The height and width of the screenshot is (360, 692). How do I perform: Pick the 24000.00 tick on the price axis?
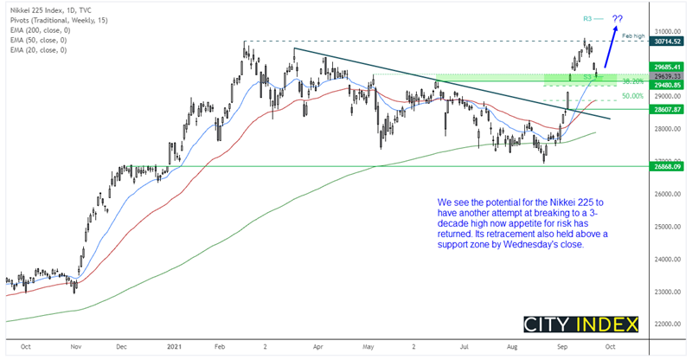point(666,260)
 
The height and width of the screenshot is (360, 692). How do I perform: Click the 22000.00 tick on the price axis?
point(666,324)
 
